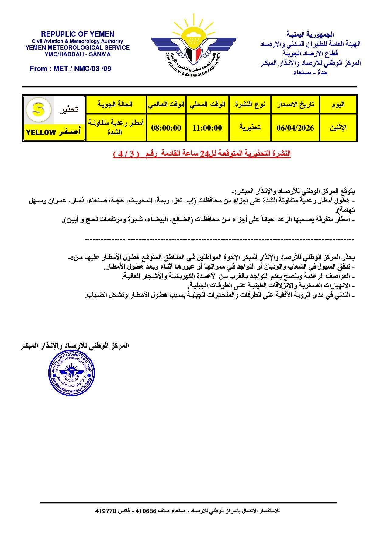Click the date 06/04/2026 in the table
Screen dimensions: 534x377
(295, 128)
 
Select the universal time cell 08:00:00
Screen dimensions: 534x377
(166, 128)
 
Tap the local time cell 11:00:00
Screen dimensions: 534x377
(207, 128)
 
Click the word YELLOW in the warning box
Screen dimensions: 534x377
(41, 132)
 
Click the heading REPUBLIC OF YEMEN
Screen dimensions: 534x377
(78, 34)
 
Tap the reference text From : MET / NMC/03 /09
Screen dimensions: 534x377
(71, 69)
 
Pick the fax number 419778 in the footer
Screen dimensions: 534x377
(106, 511)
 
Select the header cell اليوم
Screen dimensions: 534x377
(338, 104)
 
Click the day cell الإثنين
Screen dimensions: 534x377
(338, 128)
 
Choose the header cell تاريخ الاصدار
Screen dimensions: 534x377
(295, 104)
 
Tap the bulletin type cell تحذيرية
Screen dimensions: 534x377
(250, 128)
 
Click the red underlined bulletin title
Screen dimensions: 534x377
(202, 154)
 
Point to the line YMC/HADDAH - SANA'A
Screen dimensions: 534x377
(78, 54)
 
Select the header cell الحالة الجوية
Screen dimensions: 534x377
(116, 104)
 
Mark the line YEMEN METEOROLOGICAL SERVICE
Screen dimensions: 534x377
(78, 47)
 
